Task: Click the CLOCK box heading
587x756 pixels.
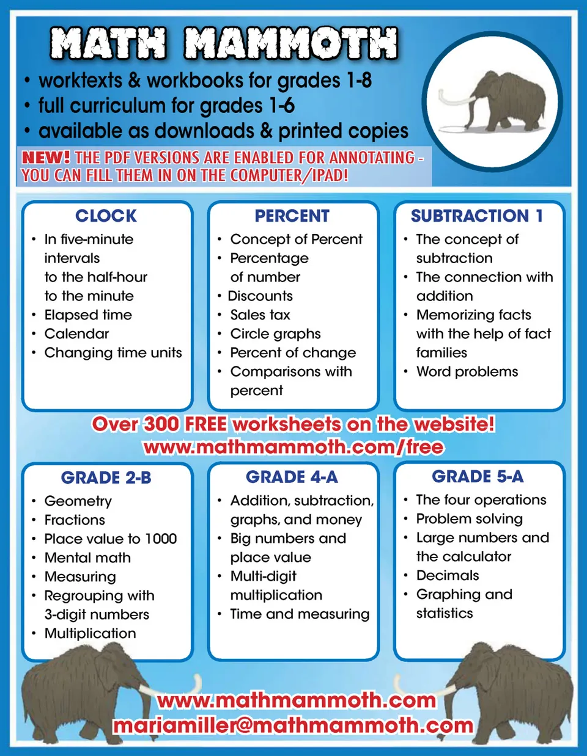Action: click(106, 216)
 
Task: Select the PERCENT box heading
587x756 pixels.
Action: click(292, 216)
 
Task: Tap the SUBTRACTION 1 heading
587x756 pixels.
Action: click(477, 216)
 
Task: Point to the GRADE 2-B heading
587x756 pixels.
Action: click(106, 478)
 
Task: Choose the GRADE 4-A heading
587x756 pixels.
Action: click(292, 477)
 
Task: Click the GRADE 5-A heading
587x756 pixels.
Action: click(478, 476)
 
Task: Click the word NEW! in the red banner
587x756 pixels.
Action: click(45, 158)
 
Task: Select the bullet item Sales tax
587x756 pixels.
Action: click(260, 315)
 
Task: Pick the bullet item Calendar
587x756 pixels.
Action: click(76, 334)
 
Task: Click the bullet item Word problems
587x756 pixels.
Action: click(467, 372)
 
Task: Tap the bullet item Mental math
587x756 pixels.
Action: click(87, 558)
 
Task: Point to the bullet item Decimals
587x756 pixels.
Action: click(447, 575)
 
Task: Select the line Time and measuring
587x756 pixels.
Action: click(300, 614)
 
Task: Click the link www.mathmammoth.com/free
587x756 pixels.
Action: click(293, 447)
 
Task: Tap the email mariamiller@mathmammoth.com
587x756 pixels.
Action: click(293, 725)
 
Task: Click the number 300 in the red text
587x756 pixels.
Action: click(162, 424)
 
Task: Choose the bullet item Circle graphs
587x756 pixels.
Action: click(275, 334)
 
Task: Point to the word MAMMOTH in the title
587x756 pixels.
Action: click(291, 44)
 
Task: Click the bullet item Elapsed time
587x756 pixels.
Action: click(88, 315)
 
